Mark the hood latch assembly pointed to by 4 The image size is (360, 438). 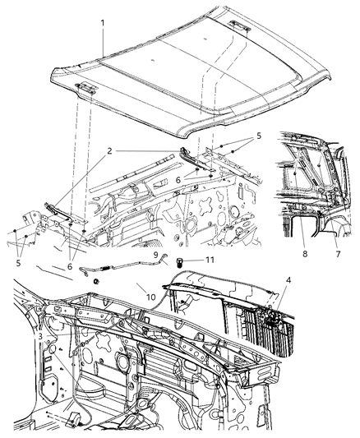coord(271,316)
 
